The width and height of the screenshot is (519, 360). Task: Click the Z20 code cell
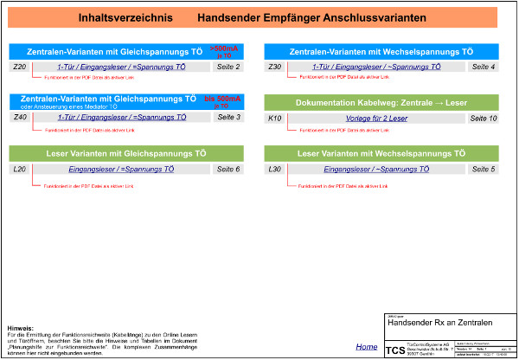[21, 67]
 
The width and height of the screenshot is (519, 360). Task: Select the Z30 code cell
[275, 67]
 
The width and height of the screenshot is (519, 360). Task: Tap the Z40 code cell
[21, 117]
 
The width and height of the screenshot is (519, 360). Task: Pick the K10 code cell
[275, 117]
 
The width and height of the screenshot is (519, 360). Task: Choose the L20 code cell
[21, 169]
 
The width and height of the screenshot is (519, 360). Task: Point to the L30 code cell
[275, 169]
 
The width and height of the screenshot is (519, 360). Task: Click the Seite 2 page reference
[228, 67]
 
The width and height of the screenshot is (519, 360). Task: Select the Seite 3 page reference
[228, 117]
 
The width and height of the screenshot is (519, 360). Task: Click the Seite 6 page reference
[228, 169]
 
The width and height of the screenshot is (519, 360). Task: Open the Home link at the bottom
[366, 346]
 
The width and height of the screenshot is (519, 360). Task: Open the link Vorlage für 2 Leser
[377, 117]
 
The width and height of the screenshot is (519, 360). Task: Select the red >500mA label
[221, 51]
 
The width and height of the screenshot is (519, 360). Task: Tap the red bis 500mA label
[221, 102]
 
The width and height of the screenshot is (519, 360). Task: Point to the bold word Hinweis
[19, 328]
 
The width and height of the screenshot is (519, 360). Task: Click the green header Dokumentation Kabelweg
[381, 102]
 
